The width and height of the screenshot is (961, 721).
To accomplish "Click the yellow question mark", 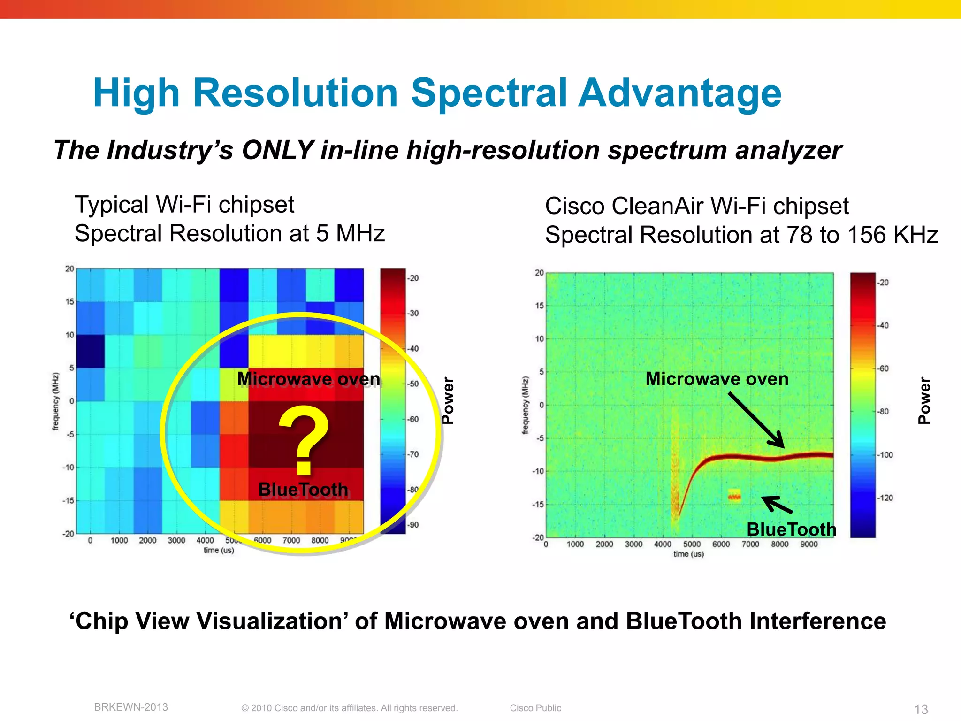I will click(304, 439).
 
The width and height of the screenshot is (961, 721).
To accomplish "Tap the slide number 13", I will click(921, 709).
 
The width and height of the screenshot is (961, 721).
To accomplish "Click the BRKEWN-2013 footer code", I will click(131, 707).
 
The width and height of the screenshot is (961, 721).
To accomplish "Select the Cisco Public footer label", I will click(535, 708).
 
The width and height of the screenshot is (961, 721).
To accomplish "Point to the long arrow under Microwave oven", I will click(755, 420).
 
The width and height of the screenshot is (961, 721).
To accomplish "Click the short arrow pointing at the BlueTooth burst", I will click(777, 505).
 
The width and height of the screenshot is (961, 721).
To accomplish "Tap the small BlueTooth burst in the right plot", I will click(734, 496).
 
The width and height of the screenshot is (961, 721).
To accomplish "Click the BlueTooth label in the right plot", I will click(791, 529).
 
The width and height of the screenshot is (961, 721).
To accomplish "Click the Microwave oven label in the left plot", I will click(308, 379).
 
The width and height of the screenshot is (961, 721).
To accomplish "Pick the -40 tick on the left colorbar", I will click(413, 349).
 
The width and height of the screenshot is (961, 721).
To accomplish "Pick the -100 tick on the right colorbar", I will click(885, 455).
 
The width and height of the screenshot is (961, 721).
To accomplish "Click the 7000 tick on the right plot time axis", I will click(750, 545).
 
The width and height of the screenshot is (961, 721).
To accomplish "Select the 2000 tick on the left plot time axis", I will click(147, 541).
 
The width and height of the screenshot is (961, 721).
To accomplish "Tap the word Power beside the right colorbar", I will click(924, 400).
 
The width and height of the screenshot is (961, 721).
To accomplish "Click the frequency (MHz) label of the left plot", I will click(56, 401).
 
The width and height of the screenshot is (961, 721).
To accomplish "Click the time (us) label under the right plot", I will click(688, 554).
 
